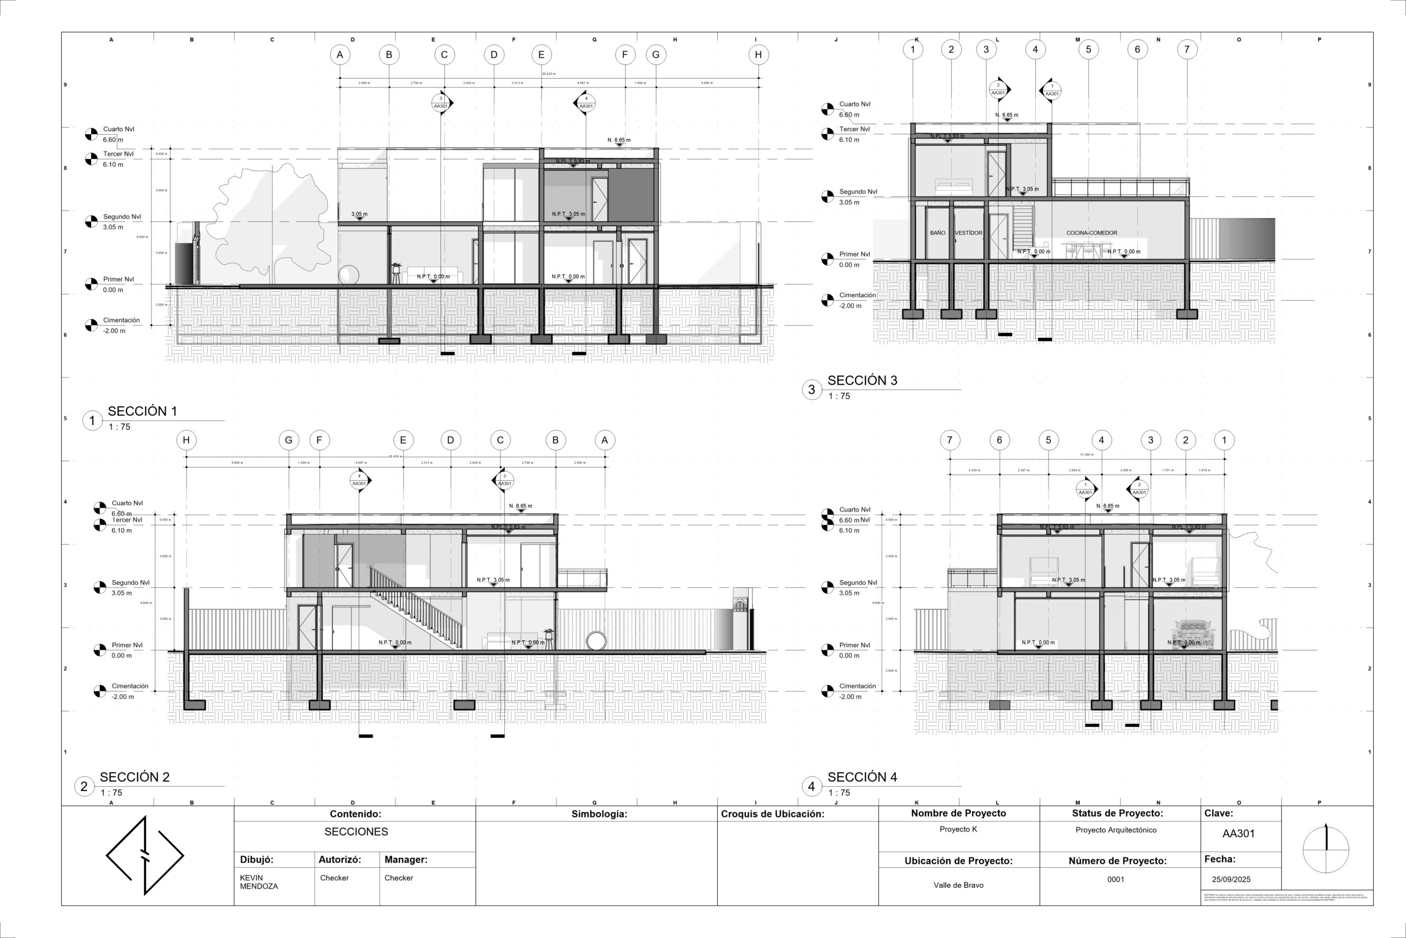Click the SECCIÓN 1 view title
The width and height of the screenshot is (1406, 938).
pos(142,411)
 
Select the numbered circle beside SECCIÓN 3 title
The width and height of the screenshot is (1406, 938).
pos(811,390)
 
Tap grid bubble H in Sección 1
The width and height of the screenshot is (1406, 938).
pos(758,55)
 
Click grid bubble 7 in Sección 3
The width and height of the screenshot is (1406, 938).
pos(1187,49)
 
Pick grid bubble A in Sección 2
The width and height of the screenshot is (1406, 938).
pos(604,440)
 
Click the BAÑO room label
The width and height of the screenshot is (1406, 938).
pos(938,232)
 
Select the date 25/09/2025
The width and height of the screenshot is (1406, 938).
pos(1231,879)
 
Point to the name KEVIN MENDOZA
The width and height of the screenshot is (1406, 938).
pos(259,882)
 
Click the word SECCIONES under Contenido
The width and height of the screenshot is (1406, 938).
pos(356,831)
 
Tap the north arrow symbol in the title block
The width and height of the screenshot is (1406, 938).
pos(1326,850)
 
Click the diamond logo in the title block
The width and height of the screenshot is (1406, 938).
pos(144,856)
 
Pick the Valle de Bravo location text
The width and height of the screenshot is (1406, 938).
pos(958,885)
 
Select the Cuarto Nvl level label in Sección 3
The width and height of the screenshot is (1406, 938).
pos(854,104)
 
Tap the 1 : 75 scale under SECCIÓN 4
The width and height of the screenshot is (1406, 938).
pos(839,792)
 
